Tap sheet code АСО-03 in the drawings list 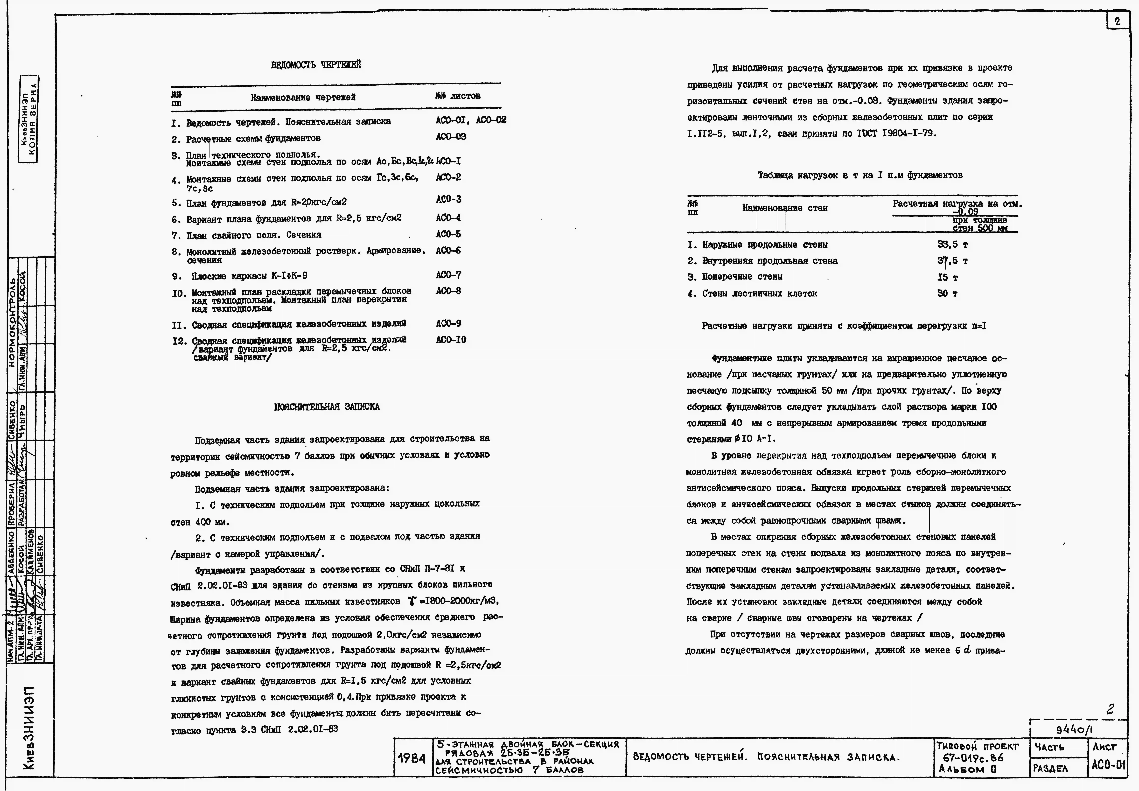click(x=451, y=137)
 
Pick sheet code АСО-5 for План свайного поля click(x=448, y=234)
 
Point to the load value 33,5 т click(x=952, y=244)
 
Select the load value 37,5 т click(x=952, y=261)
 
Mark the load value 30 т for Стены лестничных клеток click(x=947, y=293)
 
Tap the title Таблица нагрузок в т click(x=860, y=175)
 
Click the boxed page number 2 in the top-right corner click(x=1117, y=21)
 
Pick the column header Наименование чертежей click(x=303, y=98)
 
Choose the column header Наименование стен click(x=785, y=208)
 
